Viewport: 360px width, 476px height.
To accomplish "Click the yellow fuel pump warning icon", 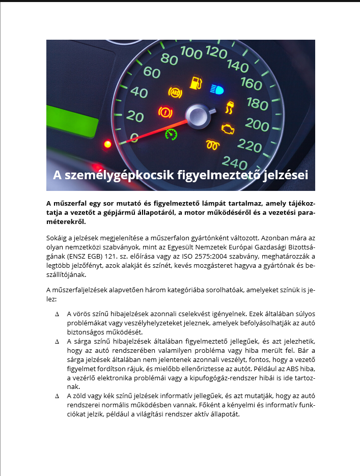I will [195, 82].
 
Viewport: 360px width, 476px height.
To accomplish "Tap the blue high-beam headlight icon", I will [216, 90].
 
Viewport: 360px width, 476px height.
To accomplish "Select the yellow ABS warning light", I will [175, 93].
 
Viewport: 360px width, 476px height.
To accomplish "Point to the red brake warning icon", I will [164, 111].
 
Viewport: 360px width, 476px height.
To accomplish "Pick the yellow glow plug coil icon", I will [212, 145].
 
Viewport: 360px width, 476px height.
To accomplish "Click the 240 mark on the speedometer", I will [234, 163].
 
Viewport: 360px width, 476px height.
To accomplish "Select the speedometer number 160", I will [251, 83].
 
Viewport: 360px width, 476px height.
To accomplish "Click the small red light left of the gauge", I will [107, 145].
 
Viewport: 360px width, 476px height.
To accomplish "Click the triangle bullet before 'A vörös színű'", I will [57, 314].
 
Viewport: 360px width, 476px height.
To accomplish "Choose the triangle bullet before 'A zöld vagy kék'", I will [57, 396].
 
